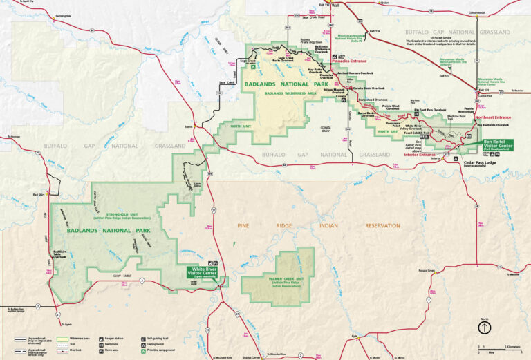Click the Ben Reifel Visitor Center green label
click(497, 146)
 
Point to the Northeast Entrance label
click(492, 117)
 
